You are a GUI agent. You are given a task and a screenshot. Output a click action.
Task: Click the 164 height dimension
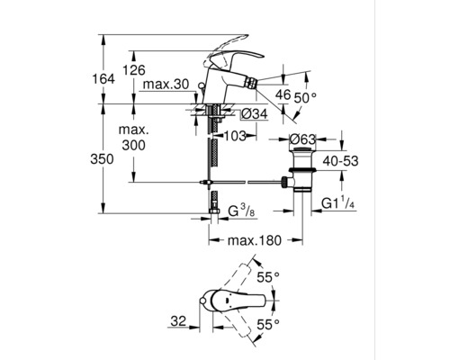coord(105,80)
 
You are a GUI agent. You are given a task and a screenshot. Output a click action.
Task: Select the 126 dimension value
coord(134,71)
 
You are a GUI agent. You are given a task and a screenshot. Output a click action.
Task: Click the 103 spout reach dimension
coord(235,134)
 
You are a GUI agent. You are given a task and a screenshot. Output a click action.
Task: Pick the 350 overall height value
coord(105,157)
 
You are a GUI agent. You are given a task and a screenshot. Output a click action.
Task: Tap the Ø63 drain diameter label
coord(302,139)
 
